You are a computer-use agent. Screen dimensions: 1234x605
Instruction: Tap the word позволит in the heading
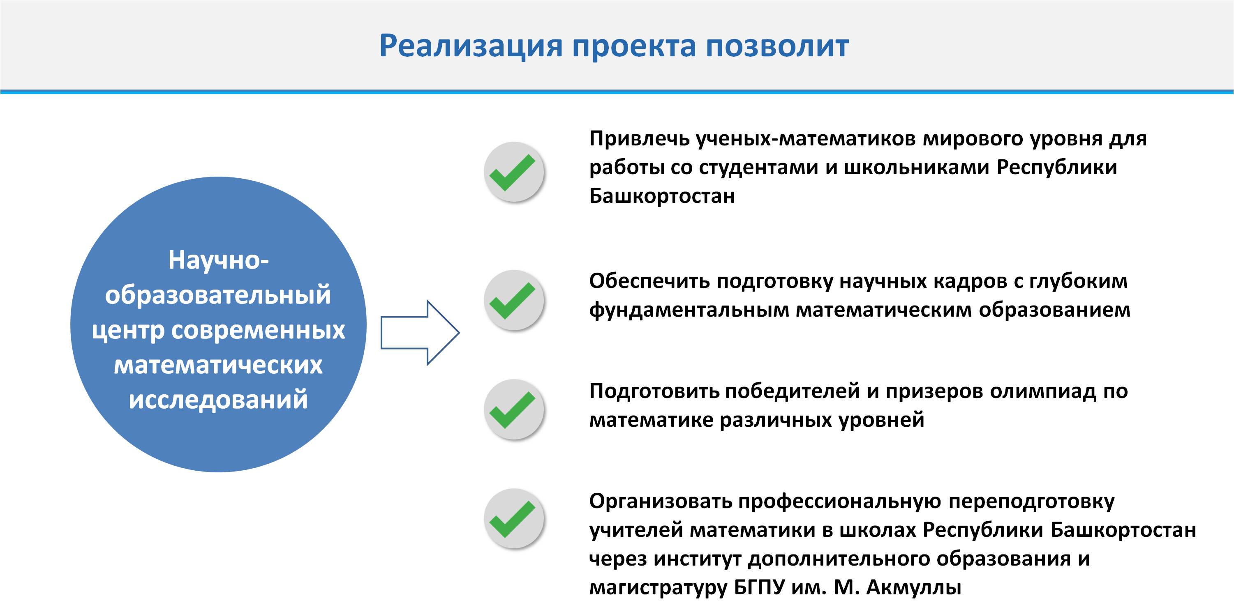coord(777,46)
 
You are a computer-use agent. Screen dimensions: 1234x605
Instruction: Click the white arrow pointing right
coord(420,333)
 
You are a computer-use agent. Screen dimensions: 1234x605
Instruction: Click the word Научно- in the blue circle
coord(218,261)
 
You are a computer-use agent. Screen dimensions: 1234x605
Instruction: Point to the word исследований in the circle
coord(218,400)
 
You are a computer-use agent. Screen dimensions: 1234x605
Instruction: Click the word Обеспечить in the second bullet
coord(649,281)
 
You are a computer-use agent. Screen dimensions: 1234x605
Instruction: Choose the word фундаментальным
coord(689,311)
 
